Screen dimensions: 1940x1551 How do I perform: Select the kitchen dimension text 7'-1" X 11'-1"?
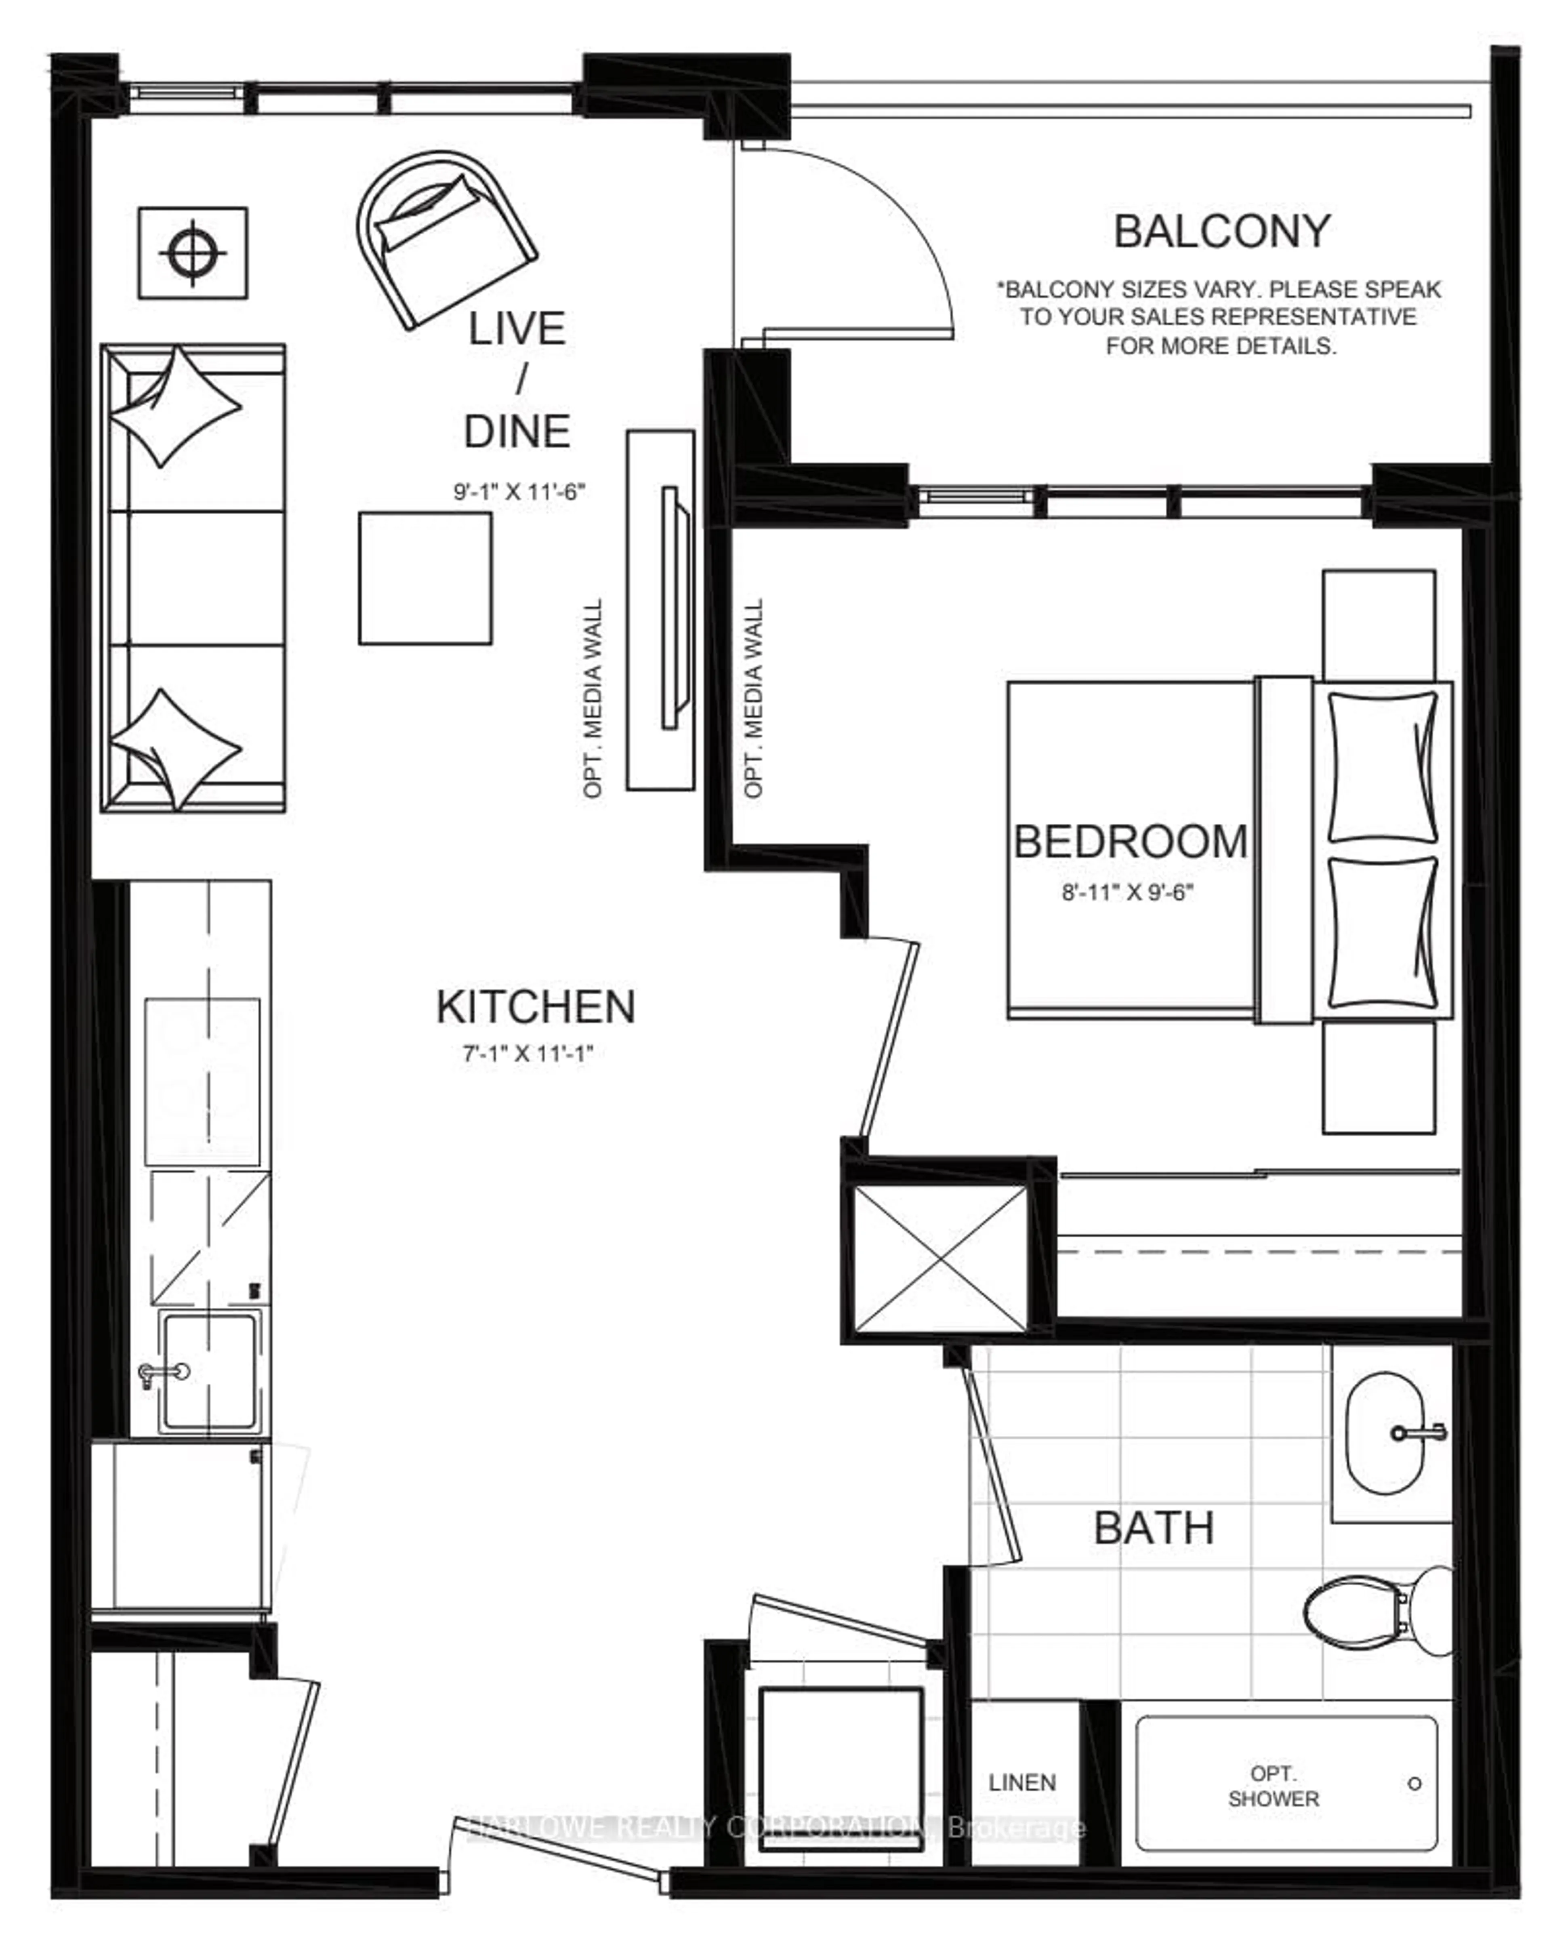click(x=528, y=1054)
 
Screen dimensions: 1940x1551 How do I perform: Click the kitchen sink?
click(x=209, y=1371)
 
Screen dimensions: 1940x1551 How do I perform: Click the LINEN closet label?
click(x=1022, y=1782)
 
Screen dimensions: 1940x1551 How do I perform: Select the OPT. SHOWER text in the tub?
click(x=1273, y=1786)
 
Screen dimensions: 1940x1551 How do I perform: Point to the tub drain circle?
click(x=1414, y=1783)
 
